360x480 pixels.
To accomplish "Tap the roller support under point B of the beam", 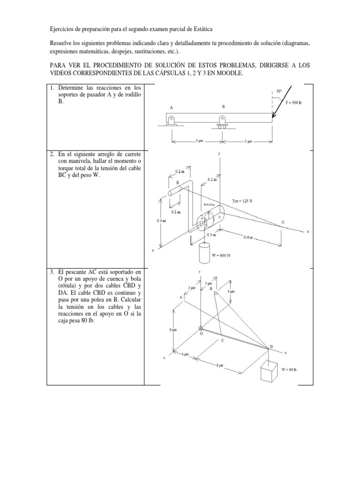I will (x=223, y=123).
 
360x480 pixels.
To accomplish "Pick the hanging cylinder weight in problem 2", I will (x=205, y=253).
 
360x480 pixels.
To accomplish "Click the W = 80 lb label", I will (x=289, y=369).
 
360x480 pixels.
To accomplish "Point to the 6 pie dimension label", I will (x=173, y=330).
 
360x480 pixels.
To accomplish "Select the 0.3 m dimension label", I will (x=214, y=235).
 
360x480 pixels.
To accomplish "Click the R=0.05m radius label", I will (x=209, y=205).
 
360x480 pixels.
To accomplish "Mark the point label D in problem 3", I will (x=270, y=346).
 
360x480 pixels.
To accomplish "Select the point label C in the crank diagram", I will (x=282, y=222).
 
